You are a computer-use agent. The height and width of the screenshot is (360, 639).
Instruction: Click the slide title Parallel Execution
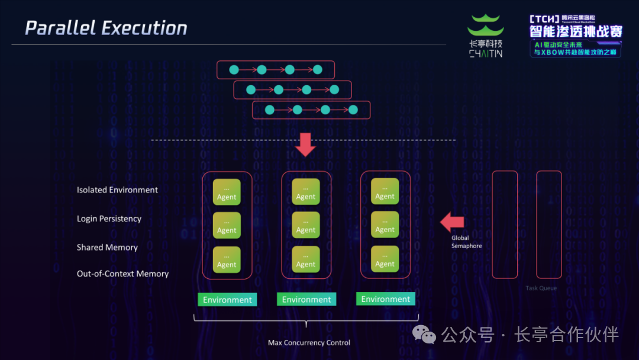[106, 28]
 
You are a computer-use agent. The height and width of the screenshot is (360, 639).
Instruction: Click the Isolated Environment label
[117, 190]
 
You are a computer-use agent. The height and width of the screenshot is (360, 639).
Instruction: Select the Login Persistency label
[109, 218]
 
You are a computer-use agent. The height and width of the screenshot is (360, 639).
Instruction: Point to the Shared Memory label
[107, 247]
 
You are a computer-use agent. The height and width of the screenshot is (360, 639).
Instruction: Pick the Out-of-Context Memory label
[122, 274]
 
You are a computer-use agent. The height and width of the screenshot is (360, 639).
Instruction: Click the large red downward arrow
[306, 144]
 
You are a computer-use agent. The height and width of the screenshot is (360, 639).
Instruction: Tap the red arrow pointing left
[452, 223]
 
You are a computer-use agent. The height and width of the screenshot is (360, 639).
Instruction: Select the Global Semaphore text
[466, 242]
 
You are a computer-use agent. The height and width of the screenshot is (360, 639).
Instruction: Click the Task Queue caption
[541, 288]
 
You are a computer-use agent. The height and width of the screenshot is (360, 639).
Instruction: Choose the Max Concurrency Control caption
[309, 343]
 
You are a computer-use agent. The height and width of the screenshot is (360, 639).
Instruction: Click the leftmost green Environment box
[227, 300]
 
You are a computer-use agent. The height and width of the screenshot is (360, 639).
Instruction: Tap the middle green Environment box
[306, 300]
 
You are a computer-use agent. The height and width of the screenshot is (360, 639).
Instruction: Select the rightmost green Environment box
[386, 299]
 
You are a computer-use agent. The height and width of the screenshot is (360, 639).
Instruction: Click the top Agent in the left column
[227, 192]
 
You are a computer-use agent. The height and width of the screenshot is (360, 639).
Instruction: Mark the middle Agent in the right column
[385, 225]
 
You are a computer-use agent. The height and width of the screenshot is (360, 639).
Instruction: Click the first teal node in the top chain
[234, 70]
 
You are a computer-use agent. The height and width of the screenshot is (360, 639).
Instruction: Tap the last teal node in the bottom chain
[353, 110]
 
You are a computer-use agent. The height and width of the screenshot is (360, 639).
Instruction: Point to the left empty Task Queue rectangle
[505, 224]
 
